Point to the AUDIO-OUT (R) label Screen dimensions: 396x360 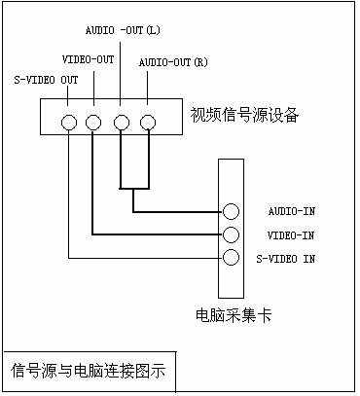(x=173, y=62)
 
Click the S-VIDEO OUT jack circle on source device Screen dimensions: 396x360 (x=69, y=124)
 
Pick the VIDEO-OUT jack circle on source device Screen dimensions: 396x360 (x=93, y=124)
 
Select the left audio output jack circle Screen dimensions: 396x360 (x=121, y=124)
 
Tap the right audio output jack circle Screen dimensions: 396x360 (x=147, y=124)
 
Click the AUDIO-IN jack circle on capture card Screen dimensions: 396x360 (x=231, y=211)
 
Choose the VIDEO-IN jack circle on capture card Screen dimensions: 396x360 (x=231, y=234)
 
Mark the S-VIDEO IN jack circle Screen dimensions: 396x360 (x=231, y=258)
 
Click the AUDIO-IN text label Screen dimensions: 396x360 (x=291, y=211)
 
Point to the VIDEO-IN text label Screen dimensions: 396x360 (x=291, y=234)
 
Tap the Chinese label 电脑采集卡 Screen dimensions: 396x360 (x=231, y=315)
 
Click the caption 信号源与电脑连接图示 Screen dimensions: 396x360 (x=89, y=371)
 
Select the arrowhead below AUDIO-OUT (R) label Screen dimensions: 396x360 (x=147, y=101)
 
